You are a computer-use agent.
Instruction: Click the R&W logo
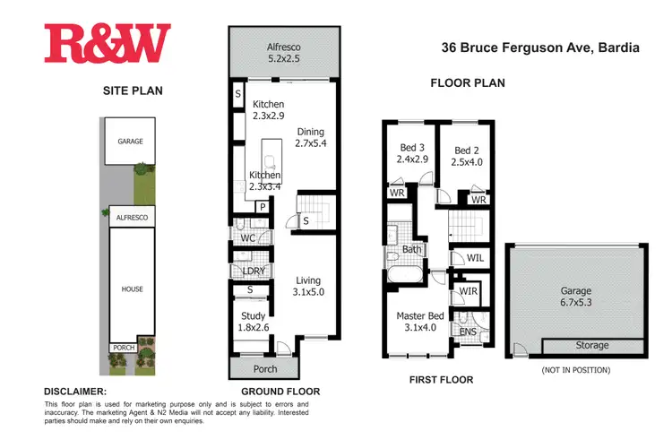point(107,44)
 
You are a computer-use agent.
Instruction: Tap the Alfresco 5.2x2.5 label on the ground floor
point(282,53)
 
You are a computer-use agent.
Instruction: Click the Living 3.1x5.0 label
point(308,285)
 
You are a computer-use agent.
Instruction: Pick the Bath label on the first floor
point(412,249)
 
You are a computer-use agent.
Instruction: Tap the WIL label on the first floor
point(477,258)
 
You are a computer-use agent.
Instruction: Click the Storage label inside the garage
point(591,345)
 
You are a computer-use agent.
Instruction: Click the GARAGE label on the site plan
point(130,141)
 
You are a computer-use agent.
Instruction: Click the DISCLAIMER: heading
point(75,392)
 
